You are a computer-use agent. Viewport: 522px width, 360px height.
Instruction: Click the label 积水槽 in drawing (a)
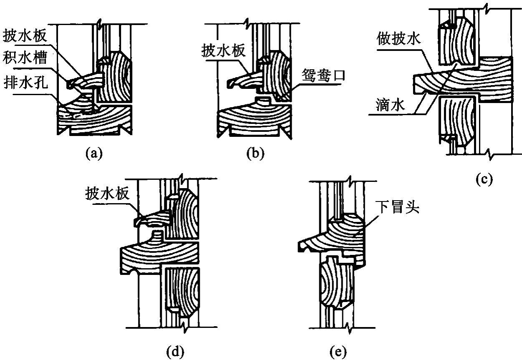[25, 57]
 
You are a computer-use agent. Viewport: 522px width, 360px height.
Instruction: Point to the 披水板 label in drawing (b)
[224, 50]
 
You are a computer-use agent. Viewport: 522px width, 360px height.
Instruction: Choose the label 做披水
[398, 38]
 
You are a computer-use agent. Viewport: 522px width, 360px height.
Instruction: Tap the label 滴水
[391, 105]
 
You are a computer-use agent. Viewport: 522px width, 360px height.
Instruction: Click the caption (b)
[255, 154]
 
